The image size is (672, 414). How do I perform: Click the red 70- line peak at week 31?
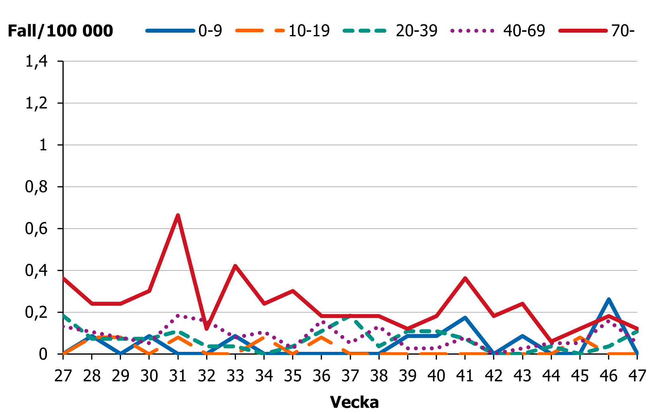click(x=178, y=216)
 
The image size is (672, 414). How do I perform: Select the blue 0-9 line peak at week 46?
click(x=608, y=299)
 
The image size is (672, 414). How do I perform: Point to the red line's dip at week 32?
click(x=206, y=329)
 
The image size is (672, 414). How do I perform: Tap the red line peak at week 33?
click(x=235, y=266)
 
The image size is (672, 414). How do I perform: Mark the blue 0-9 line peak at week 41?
click(x=465, y=318)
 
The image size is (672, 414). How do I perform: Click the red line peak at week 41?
click(x=465, y=278)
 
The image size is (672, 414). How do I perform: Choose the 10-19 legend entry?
click(x=283, y=31)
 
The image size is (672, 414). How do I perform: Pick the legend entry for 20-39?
click(x=390, y=31)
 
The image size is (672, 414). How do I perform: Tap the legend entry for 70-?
click(x=597, y=31)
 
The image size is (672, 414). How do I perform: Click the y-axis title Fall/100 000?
click(x=60, y=31)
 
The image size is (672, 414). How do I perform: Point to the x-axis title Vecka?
click(x=354, y=402)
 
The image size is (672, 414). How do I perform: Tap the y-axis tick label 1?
click(x=43, y=145)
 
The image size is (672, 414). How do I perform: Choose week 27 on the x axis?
click(x=63, y=376)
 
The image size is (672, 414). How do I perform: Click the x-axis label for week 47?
click(x=637, y=376)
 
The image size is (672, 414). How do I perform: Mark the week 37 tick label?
click(x=350, y=376)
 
